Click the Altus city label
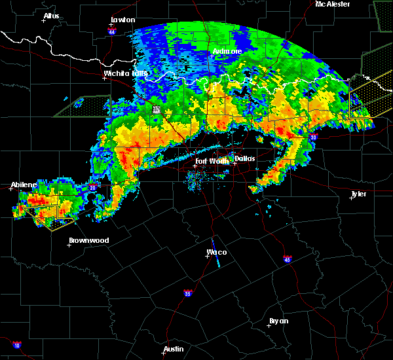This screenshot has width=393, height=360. [51, 16]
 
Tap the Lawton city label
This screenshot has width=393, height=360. [122, 20]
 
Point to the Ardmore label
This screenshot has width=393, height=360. [227, 51]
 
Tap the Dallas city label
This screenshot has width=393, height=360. [246, 158]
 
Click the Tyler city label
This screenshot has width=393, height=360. [358, 194]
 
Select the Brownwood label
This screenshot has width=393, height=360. [89, 240]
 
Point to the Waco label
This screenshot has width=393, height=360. [217, 252]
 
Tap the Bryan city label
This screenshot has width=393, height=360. [278, 321]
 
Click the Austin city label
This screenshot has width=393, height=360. [174, 349]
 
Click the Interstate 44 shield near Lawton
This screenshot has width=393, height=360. [112, 31]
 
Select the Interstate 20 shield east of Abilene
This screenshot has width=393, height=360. [91, 188]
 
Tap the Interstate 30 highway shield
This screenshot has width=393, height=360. [313, 137]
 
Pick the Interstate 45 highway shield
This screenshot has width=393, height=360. [287, 260]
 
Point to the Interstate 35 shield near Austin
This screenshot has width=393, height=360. [188, 293]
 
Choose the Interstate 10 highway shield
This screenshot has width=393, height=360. [17, 345]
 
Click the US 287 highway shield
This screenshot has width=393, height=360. [157, 109]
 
